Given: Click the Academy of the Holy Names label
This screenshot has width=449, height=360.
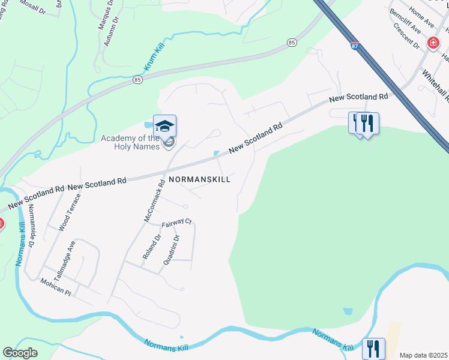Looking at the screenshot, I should point(130,143).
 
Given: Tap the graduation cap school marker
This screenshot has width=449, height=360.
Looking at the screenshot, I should point(164,126).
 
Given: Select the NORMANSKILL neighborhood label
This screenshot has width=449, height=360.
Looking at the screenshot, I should point(199,179).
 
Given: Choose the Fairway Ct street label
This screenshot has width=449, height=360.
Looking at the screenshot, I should point(176,223).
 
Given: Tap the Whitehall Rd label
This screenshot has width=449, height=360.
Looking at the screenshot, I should point(433,86).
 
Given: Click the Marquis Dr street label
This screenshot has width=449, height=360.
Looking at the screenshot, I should point(106,16).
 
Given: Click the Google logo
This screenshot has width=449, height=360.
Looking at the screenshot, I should point(20,353).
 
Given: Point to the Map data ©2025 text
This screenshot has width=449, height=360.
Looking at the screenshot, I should point(423,355).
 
